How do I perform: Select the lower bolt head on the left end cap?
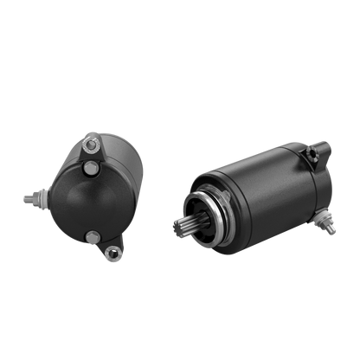click(89, 235)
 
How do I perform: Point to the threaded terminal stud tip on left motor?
click(25, 198)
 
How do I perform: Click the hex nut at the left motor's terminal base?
click(38, 198)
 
